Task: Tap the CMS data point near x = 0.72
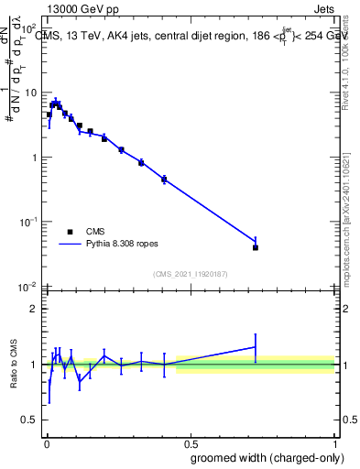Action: pos(256,247)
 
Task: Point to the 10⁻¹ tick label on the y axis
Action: pos(30,222)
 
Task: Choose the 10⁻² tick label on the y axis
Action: pos(30,287)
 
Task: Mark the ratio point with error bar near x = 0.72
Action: pos(256,346)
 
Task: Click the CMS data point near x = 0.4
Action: pos(164,180)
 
